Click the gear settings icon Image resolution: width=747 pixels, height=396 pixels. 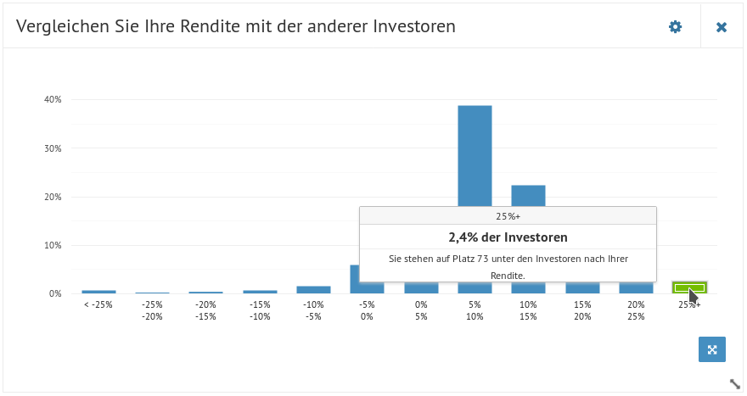675,26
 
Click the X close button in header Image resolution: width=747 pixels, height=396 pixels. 722,27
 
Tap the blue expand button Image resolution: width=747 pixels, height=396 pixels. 711,349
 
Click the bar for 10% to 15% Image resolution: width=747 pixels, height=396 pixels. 528,196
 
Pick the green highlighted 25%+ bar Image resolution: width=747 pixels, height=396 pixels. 689,287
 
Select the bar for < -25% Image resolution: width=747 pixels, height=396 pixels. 98,292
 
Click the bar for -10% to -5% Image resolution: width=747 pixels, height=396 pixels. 313,290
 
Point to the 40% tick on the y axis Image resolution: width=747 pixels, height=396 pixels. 53,99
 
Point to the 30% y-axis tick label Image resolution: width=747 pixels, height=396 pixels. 53,148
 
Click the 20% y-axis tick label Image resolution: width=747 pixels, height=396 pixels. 53,197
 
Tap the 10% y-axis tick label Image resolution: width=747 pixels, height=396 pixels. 53,246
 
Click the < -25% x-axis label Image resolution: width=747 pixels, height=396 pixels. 98,304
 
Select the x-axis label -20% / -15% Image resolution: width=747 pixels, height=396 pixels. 205,310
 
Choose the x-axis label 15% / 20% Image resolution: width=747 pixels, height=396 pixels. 582,310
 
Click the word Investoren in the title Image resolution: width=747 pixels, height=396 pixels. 414,26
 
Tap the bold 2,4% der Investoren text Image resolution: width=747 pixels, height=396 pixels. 508,237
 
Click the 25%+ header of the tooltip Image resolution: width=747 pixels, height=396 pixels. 508,216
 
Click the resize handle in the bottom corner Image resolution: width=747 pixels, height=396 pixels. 735,383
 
